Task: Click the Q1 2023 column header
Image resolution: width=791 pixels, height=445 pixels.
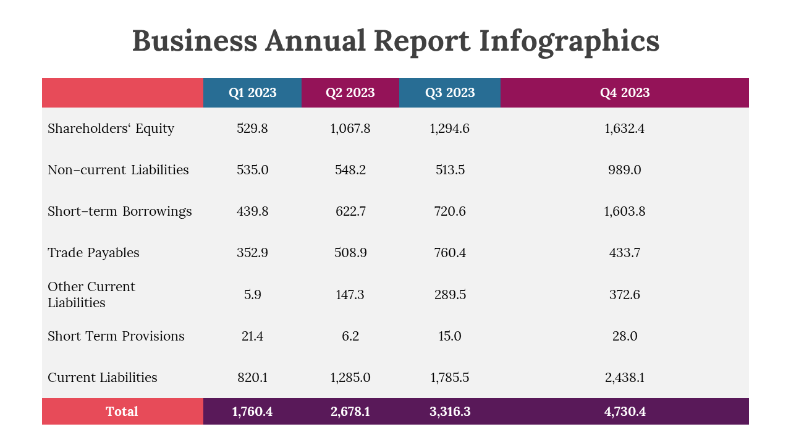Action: point(252,93)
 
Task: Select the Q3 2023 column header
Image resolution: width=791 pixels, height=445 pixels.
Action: point(450,93)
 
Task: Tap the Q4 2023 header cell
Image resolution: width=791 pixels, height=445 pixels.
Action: point(625,93)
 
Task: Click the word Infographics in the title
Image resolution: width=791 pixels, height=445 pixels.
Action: point(569,41)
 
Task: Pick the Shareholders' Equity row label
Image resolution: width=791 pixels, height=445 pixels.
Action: point(111,129)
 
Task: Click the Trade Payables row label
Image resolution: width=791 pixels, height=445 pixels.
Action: point(93,253)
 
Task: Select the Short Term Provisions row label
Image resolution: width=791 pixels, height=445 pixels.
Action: point(116,336)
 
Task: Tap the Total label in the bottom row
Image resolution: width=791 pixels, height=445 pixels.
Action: point(122,412)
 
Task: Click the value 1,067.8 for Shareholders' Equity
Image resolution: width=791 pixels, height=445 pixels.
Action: point(350,129)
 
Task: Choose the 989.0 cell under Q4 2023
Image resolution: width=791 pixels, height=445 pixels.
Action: point(625,170)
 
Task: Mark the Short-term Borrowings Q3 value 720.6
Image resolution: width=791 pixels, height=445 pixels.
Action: point(450,211)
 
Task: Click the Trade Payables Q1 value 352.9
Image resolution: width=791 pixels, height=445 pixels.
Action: point(252,253)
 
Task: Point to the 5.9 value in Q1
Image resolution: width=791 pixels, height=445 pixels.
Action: point(252,295)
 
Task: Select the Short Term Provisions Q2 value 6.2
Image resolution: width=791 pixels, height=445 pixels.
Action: point(350,336)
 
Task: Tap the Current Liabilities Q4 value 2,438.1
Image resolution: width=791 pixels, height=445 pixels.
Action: point(625,378)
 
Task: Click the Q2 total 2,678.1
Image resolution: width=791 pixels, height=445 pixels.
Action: point(350,412)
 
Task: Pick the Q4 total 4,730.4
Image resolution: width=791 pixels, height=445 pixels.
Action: point(625,412)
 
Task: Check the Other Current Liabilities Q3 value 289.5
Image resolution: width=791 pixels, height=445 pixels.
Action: point(450,295)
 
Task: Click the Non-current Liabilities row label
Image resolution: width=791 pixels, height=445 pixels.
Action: point(118,170)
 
